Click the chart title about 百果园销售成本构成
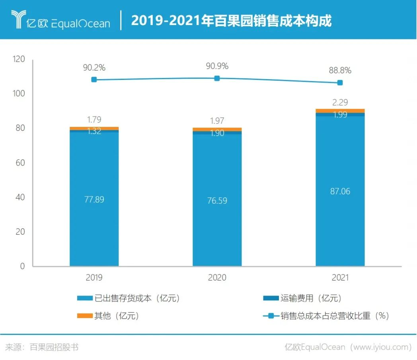point(231,20)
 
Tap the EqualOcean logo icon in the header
point(18,19)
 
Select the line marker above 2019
point(94,80)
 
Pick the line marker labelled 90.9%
point(217,78)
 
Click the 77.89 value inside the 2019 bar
point(94,199)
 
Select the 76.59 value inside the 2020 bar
point(217,200)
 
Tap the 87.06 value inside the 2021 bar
point(340,191)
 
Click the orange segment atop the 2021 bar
point(340,111)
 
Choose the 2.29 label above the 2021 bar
point(340,102)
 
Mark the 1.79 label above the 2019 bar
point(94,119)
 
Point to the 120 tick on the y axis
point(18,59)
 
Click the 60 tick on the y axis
point(20,163)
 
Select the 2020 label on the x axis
point(217,277)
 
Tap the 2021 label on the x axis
point(340,277)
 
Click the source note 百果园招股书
point(54,347)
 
